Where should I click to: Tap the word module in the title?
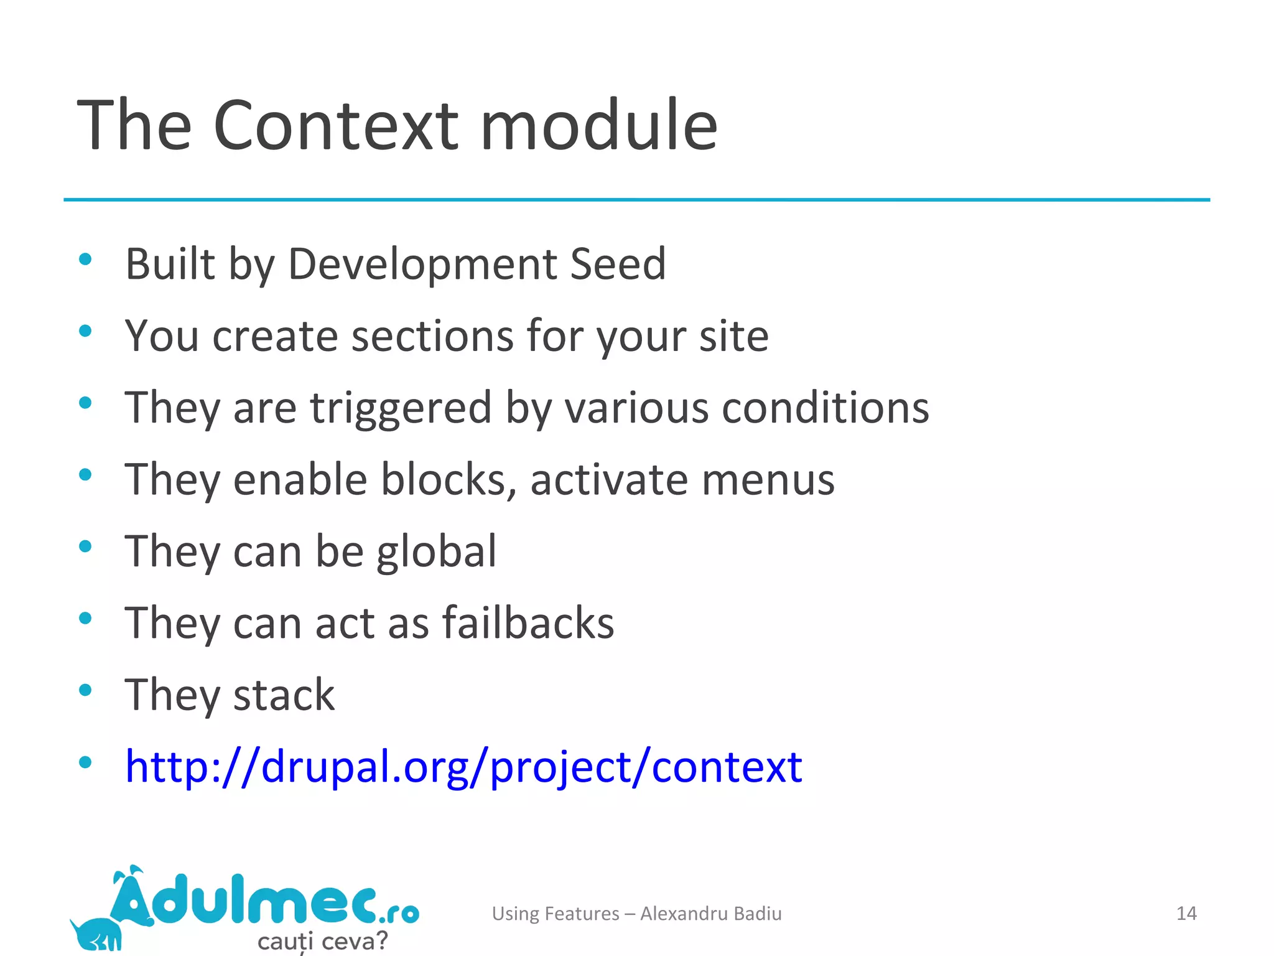coord(599,126)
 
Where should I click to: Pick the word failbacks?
coord(528,623)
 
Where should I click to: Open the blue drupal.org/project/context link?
coord(463,767)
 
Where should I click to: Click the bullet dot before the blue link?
coord(86,762)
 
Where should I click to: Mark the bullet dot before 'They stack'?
coord(86,690)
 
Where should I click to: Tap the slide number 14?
coord(1186,914)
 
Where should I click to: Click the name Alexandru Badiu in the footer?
coord(710,914)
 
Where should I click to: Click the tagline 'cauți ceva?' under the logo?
coord(322,940)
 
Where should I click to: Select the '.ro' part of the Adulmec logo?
coord(398,913)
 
